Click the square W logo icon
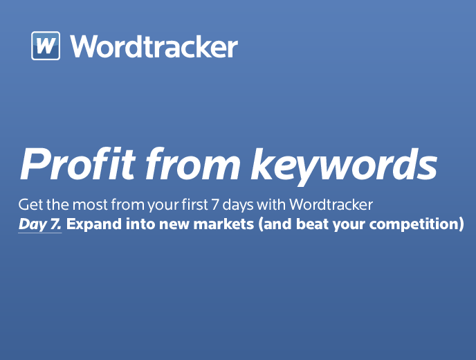point(46,46)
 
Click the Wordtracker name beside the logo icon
point(154,46)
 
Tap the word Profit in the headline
point(77,164)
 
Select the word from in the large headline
point(193,164)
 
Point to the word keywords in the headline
point(344,166)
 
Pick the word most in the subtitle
point(90,205)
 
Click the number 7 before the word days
point(215,204)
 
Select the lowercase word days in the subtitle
point(238,206)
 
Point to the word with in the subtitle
point(271,204)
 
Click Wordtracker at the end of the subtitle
point(331,204)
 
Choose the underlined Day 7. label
point(39,225)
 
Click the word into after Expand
point(141,224)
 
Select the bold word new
point(175,225)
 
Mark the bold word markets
point(223,224)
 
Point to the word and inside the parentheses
point(275,224)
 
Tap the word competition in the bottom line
point(414,225)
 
